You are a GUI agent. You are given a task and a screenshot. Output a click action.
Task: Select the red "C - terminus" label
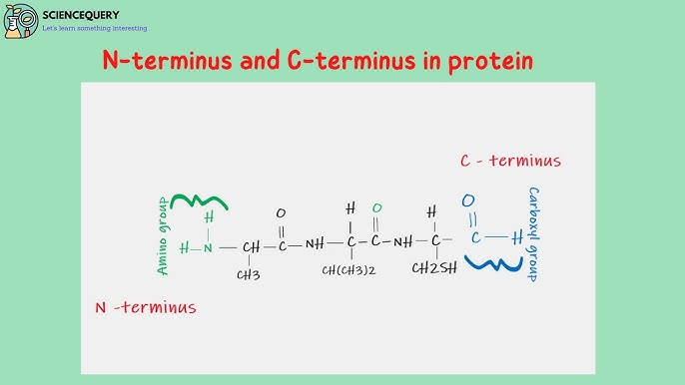pos(510,161)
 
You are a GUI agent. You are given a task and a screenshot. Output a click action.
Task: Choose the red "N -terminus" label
pos(145,307)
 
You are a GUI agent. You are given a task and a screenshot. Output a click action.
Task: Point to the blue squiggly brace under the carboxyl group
pos(489,264)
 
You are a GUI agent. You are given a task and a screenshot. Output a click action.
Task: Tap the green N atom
pos(209,247)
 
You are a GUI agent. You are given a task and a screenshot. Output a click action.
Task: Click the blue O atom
pos(468,200)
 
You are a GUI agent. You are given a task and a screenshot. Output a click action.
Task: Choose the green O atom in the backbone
pos(376,208)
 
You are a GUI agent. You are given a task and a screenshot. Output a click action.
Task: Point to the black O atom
pos(280,213)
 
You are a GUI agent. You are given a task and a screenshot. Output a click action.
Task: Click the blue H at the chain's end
pos(517,237)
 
